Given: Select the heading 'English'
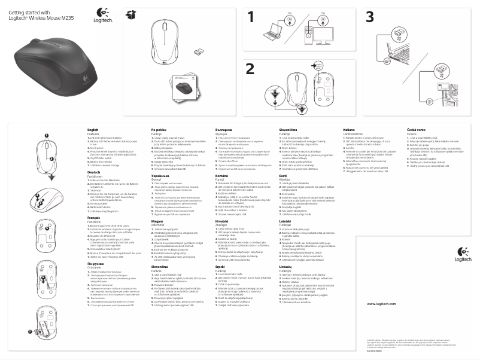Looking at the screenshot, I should click(92, 130).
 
